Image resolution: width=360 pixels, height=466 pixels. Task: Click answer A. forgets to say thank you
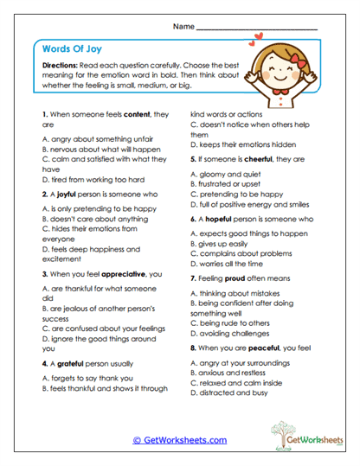pyautogui.click(x=87, y=378)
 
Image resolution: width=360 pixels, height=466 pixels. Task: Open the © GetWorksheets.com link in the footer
pyautogui.click(x=179, y=440)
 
